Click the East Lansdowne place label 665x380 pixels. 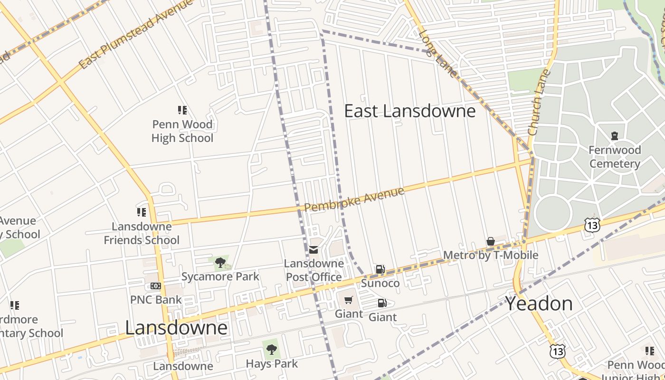tap(409, 111)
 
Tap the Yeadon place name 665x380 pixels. tap(539, 304)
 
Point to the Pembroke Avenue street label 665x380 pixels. tap(354, 199)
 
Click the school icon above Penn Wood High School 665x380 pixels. tap(182, 110)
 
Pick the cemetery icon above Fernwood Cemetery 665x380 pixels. tap(615, 136)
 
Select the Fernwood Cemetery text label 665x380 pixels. tap(615, 157)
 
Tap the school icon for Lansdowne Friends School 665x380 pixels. tap(142, 212)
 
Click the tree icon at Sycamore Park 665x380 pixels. tap(220, 262)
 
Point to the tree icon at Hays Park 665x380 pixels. tap(272, 350)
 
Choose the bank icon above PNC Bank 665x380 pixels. tap(156, 285)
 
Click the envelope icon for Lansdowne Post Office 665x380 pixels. tap(313, 249)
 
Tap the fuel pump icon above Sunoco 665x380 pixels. tap(380, 269)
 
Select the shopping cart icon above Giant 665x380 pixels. tap(349, 300)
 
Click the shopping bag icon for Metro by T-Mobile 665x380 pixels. tap(491, 242)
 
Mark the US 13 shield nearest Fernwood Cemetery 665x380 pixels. tap(593, 225)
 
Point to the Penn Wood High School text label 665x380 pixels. tap(182, 132)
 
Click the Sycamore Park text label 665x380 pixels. tap(220, 276)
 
